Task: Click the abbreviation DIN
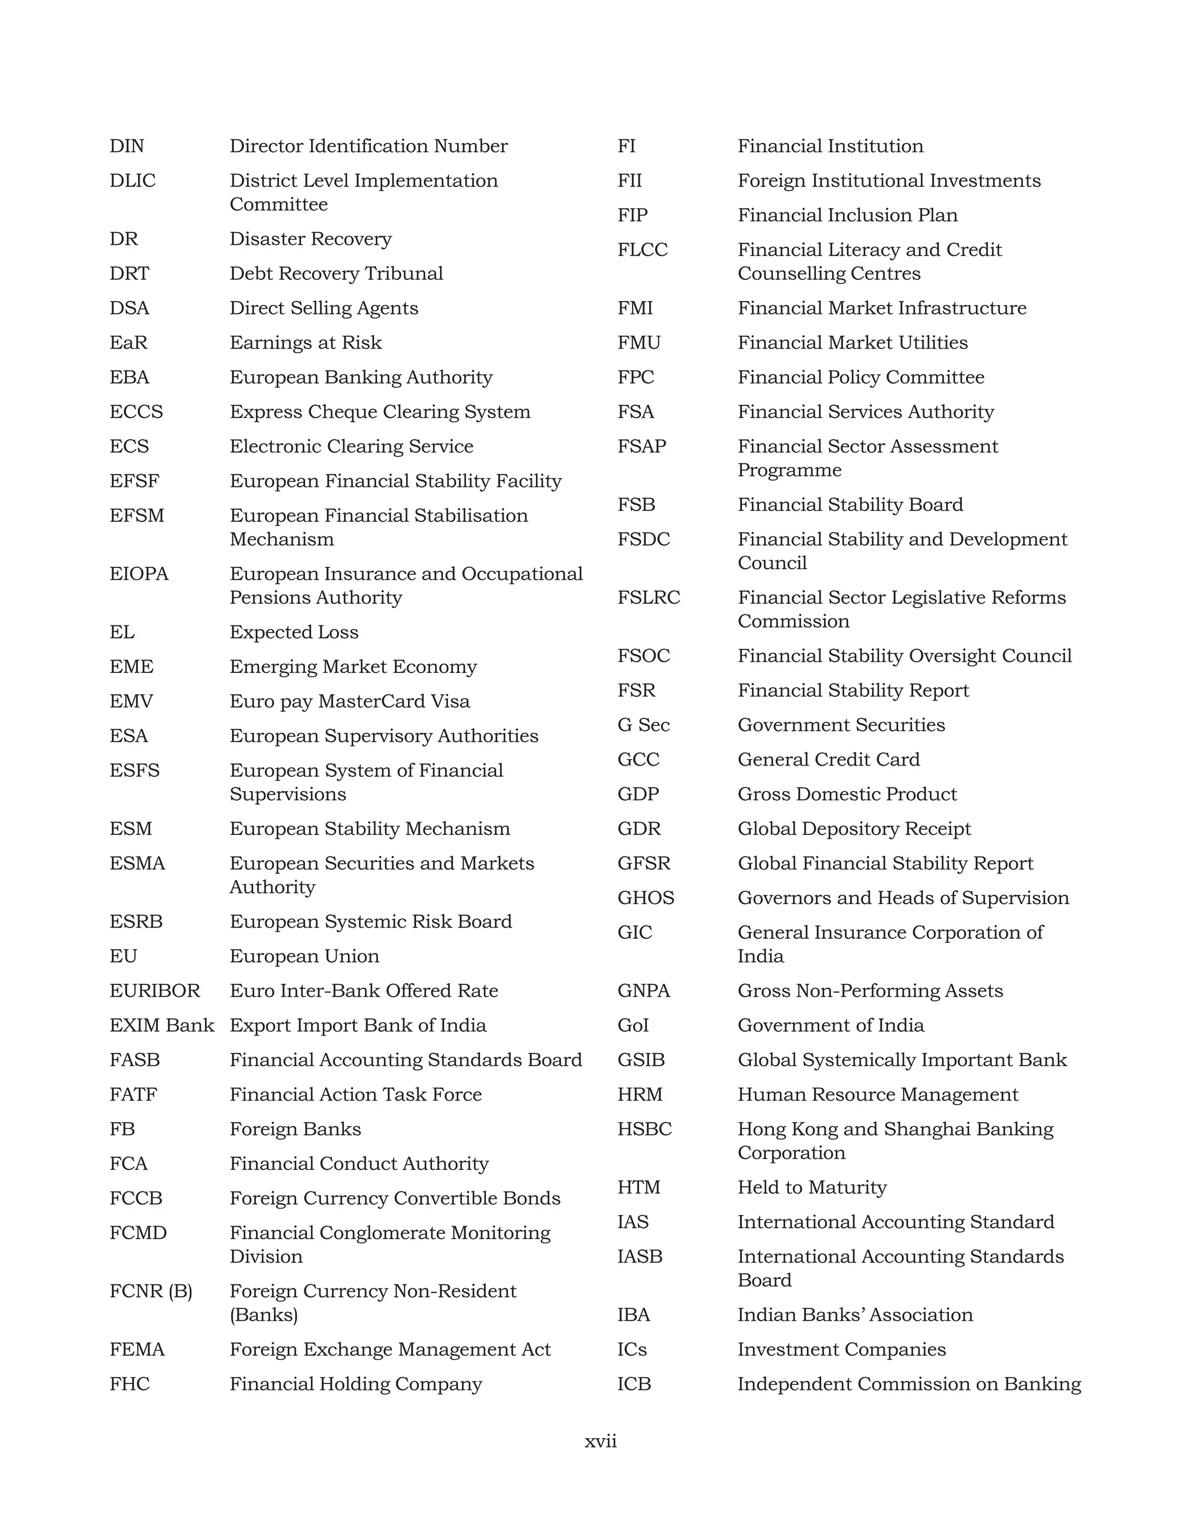[x=127, y=146]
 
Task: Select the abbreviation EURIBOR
[x=155, y=991]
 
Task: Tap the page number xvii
[x=600, y=1441]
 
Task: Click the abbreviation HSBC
[x=644, y=1129]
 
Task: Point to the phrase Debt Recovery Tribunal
[x=336, y=274]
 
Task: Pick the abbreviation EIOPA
[x=139, y=574]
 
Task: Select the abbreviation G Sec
[x=643, y=725]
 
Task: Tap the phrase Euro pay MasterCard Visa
[x=349, y=702]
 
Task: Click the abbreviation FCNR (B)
[x=151, y=1291]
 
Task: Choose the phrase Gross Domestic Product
[x=846, y=794]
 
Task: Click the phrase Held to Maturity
[x=812, y=1188]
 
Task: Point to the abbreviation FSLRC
[x=648, y=598]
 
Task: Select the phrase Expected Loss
[x=293, y=632]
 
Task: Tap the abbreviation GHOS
[x=646, y=898]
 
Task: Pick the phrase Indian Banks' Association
[x=855, y=1315]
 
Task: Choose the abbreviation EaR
[x=128, y=343]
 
